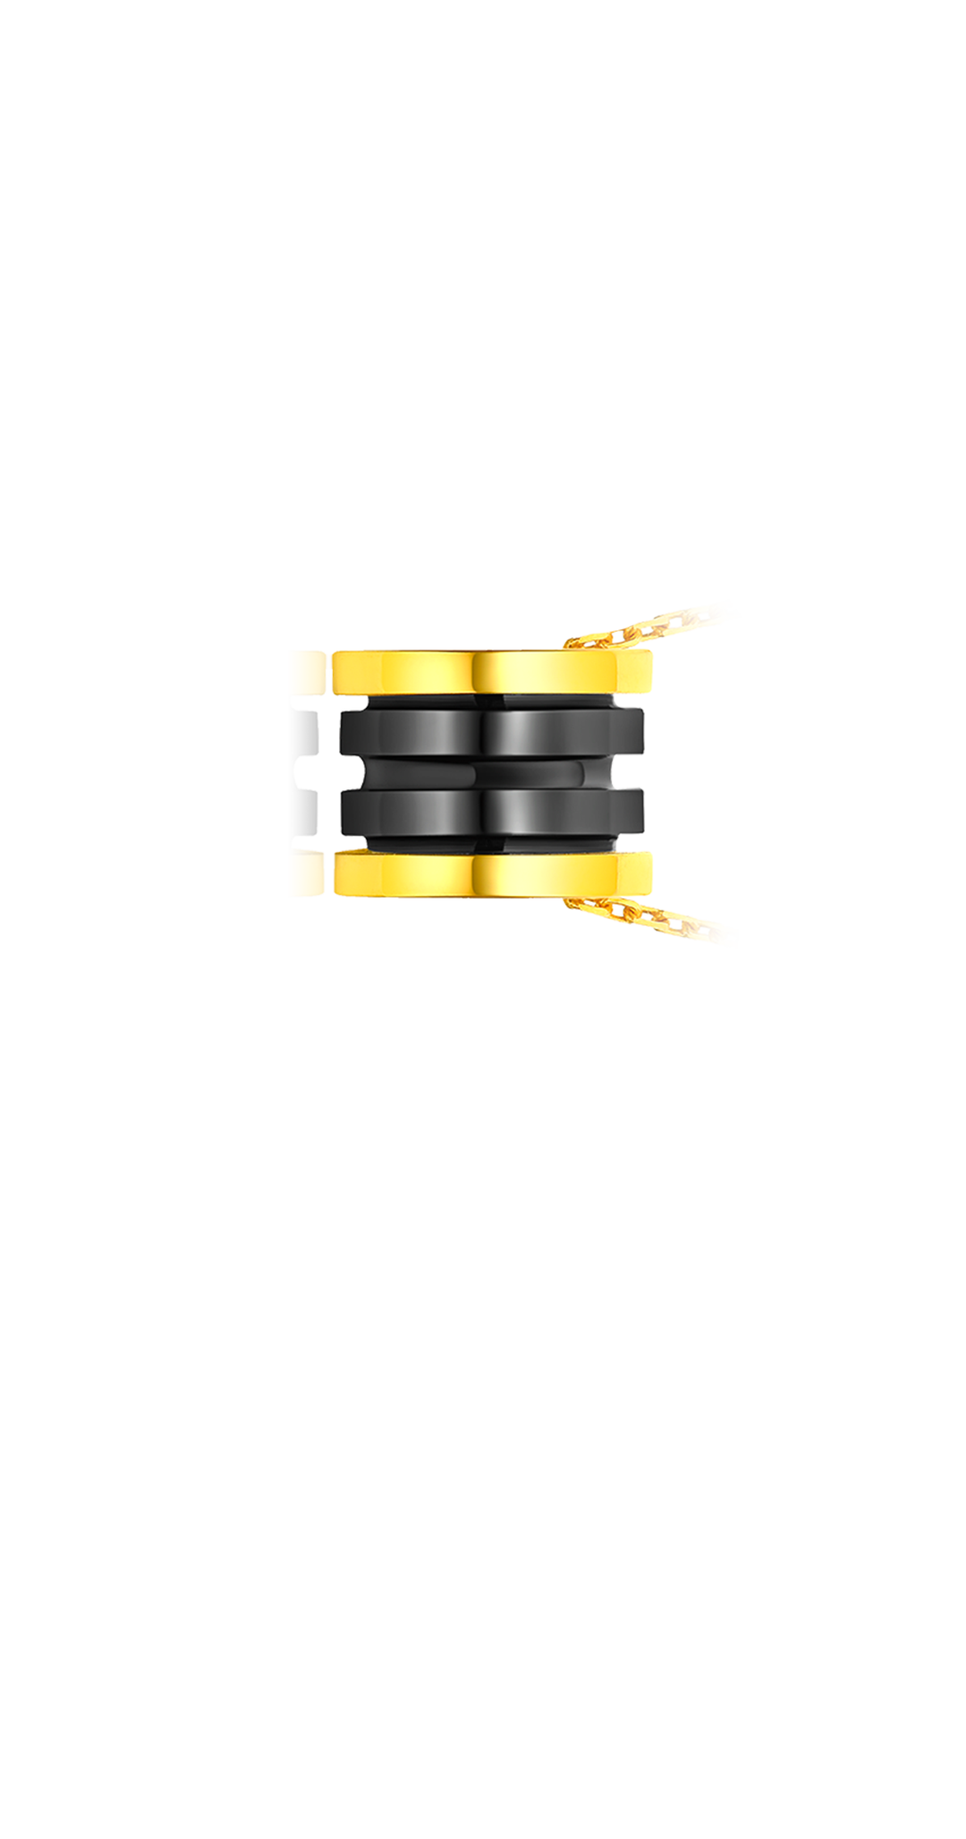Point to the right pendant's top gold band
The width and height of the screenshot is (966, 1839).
coord(492,672)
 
